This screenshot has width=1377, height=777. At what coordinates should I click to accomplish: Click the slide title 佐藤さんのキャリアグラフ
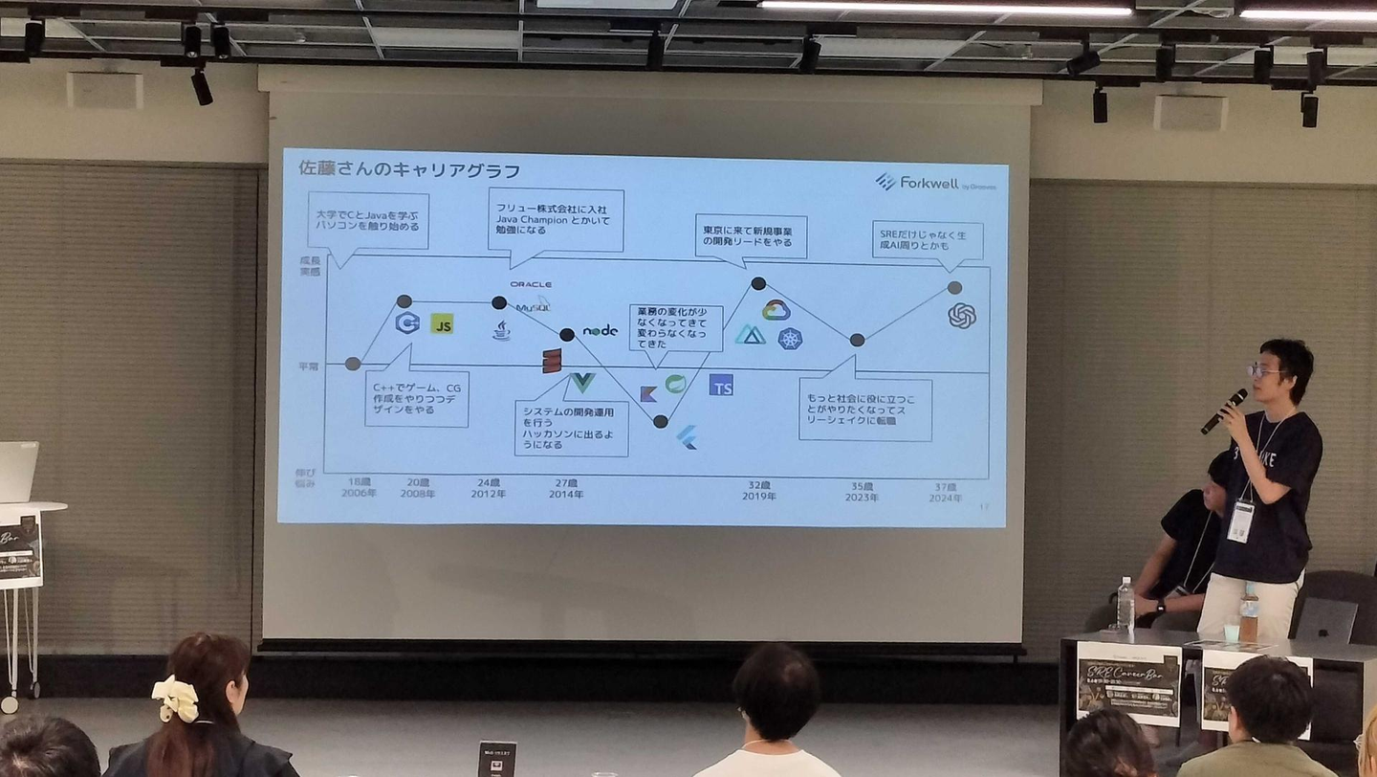coord(409,170)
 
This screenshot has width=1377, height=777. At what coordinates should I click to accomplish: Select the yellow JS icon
coord(441,323)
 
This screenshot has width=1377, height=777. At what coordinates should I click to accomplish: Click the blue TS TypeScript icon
coord(721,385)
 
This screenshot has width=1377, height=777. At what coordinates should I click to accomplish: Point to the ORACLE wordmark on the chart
coord(531,284)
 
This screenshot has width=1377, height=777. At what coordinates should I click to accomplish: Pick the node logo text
coord(601,330)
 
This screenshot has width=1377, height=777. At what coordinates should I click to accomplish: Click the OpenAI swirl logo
coord(961,315)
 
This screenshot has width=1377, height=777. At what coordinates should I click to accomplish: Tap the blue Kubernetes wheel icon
coord(790,339)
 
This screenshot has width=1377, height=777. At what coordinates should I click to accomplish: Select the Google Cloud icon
coord(776,310)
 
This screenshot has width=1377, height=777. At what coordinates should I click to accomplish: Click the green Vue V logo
coord(581,383)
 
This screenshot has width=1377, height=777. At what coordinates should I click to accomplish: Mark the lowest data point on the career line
coord(660,421)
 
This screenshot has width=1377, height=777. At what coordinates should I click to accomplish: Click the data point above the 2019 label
coord(758,283)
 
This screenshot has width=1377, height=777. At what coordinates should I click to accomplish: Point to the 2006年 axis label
coord(360,495)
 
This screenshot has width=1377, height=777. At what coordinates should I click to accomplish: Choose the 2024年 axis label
coord(945,498)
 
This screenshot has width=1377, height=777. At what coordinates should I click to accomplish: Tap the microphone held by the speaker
coord(1224,411)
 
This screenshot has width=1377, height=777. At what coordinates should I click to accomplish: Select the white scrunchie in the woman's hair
coord(176,699)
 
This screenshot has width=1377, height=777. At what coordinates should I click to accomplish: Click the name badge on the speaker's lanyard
coord(1240,521)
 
